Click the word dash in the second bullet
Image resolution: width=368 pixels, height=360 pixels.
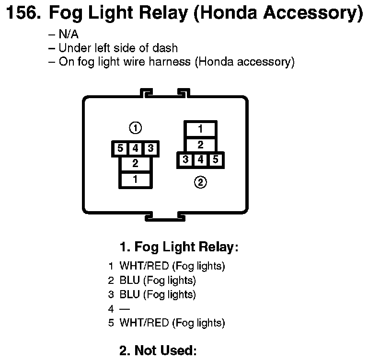pyautogui.click(x=167, y=48)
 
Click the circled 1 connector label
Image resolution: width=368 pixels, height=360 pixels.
pyautogui.click(x=136, y=128)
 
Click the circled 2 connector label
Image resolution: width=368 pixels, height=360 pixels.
pyautogui.click(x=201, y=182)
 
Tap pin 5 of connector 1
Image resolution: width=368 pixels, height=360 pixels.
pyautogui.click(x=120, y=149)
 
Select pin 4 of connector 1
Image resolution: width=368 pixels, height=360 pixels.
pyautogui.click(x=136, y=149)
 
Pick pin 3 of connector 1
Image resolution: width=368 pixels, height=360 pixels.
pyautogui.click(x=151, y=149)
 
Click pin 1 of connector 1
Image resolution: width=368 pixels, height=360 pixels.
pyautogui.click(x=136, y=180)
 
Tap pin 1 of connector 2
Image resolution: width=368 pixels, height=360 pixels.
pyautogui.click(x=201, y=129)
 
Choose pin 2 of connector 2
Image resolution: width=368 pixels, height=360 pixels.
pyautogui.click(x=201, y=145)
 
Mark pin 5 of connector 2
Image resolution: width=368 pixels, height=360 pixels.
pyautogui.click(x=216, y=160)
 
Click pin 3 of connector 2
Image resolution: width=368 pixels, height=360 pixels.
pyautogui.click(x=185, y=160)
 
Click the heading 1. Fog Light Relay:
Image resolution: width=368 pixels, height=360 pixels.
pyautogui.click(x=179, y=247)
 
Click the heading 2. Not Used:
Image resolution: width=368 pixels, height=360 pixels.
pyautogui.click(x=158, y=350)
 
